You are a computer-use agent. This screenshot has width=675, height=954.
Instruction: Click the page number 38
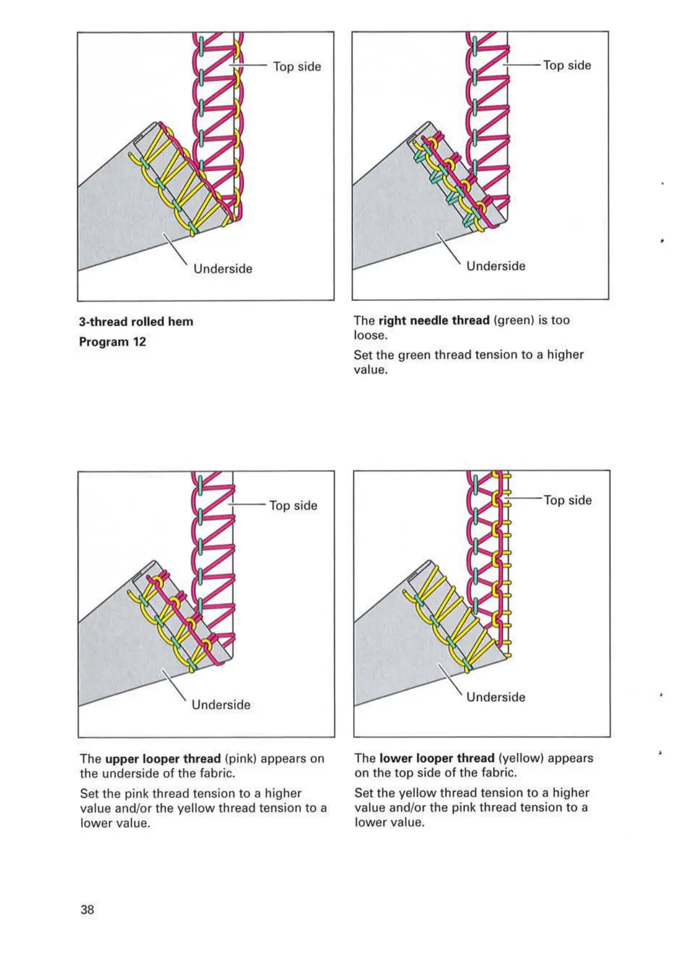(87, 909)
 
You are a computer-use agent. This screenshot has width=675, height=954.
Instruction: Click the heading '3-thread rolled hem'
(136, 321)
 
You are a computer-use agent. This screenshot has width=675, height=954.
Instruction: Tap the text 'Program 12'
(112, 342)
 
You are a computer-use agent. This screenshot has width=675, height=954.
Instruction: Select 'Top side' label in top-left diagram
(297, 66)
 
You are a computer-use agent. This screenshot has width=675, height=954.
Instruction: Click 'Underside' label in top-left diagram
(223, 269)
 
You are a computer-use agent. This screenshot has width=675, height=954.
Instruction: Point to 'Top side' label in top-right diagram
(567, 65)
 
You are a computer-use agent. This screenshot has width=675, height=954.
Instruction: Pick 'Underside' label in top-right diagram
(496, 266)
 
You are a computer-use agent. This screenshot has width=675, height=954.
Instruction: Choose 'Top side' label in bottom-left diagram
(293, 505)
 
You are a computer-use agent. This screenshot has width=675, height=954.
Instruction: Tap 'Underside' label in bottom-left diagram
(221, 705)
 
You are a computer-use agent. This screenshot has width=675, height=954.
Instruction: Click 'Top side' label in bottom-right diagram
(568, 500)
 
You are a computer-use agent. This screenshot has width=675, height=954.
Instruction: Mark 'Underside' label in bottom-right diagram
(496, 697)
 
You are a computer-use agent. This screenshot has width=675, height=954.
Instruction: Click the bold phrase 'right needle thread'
(434, 320)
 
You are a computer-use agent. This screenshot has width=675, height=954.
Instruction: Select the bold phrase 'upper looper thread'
(163, 759)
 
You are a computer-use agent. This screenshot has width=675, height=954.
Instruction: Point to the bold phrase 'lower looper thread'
(436, 758)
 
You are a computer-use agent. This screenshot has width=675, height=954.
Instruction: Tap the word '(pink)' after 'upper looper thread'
(241, 759)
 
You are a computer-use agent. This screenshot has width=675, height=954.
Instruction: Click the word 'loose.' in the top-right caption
(371, 335)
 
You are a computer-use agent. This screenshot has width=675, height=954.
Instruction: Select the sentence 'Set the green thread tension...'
(468, 362)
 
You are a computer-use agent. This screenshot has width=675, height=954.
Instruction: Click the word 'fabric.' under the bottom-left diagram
(215, 773)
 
